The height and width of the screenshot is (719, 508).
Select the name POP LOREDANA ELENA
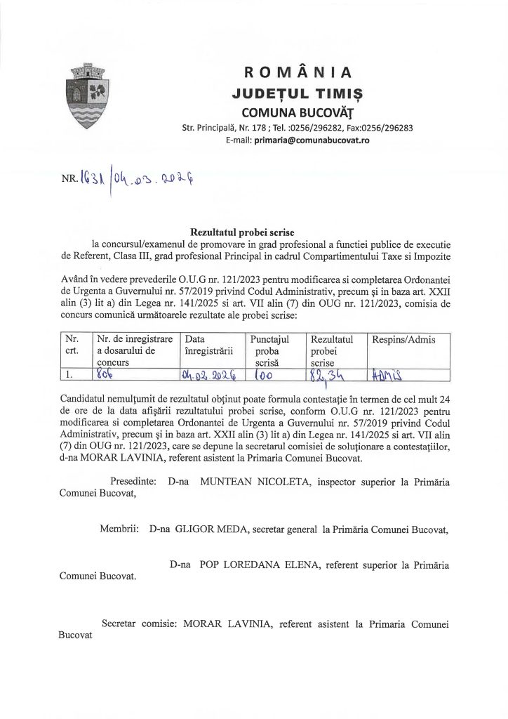point(257,564)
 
